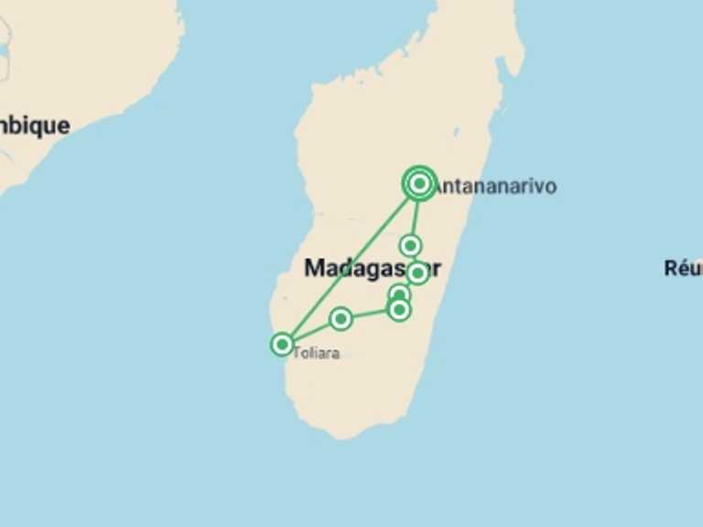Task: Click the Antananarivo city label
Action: click(494, 186)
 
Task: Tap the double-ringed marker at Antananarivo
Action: click(419, 184)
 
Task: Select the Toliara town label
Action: click(316, 353)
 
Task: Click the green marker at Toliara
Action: click(282, 344)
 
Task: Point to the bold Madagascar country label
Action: click(372, 268)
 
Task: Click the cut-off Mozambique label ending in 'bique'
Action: click(35, 125)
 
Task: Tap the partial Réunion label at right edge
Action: click(684, 268)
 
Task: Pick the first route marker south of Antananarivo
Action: click(411, 245)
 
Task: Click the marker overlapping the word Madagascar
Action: click(417, 273)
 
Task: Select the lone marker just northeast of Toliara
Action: click(341, 318)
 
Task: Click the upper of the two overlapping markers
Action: click(399, 294)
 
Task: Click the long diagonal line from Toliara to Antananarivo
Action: click(348, 265)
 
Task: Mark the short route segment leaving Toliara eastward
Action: click(311, 331)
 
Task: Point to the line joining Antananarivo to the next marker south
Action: click(416, 214)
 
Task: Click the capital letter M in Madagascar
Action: click(314, 268)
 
